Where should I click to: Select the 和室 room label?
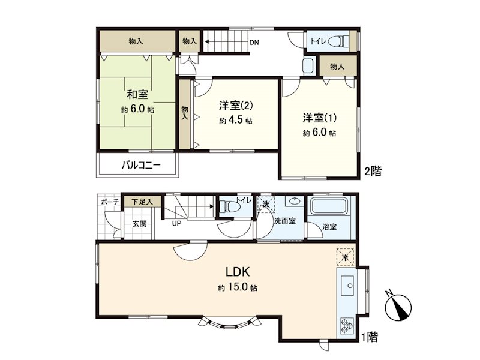(x=137, y=95)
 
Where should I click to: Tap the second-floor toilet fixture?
(x=340, y=41)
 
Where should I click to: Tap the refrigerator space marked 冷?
(x=345, y=257)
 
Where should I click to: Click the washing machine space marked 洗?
(x=266, y=204)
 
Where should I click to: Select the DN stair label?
(x=254, y=42)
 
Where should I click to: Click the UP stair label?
(x=177, y=224)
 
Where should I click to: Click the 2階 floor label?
(x=372, y=171)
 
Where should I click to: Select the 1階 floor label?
(x=370, y=337)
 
